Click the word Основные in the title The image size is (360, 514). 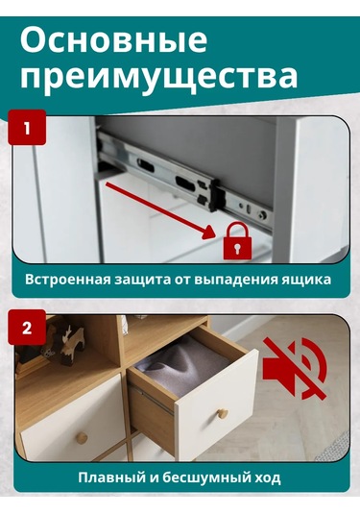pos(113,40)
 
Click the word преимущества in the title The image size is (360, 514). pos(158,77)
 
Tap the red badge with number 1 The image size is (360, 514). pos(27,127)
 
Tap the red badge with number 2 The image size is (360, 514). pos(27,327)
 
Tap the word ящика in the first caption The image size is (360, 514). pos(310,281)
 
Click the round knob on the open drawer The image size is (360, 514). pos(223,414)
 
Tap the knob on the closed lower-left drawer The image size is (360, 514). pos(83,437)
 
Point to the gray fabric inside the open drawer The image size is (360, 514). pos(178,365)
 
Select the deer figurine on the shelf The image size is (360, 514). pos(67,346)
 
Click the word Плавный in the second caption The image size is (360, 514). pos(111,477)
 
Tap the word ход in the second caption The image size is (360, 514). pos(265,477)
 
